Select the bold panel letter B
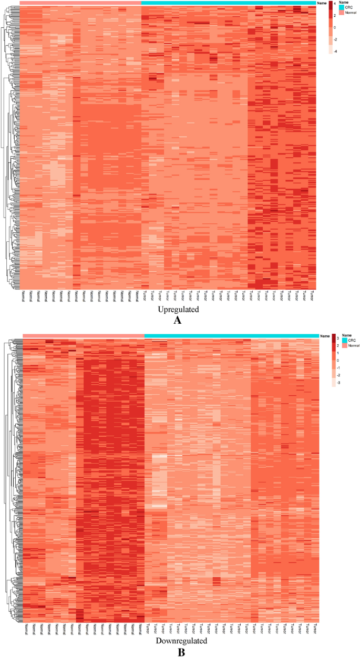tap(180, 652)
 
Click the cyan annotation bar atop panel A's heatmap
tap(229, 3)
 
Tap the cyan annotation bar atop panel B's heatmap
tap(232, 336)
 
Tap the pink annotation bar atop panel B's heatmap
tap(83, 336)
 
